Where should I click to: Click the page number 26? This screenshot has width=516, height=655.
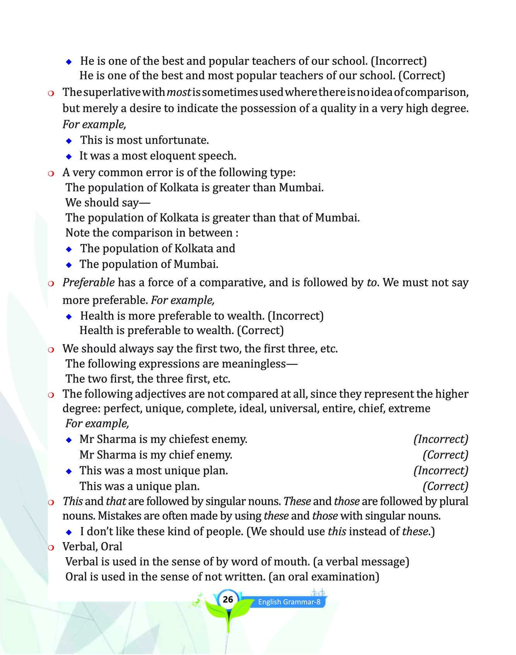click(x=228, y=599)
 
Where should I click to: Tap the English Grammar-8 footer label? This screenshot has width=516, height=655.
click(x=289, y=602)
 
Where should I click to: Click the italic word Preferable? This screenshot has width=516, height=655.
click(x=89, y=282)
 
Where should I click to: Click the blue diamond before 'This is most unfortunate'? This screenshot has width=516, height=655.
click(x=69, y=141)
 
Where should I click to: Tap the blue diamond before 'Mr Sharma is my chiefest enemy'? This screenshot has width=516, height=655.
click(x=69, y=440)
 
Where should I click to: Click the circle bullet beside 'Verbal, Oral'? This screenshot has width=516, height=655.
click(x=51, y=547)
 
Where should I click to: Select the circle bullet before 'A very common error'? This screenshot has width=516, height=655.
click(x=51, y=173)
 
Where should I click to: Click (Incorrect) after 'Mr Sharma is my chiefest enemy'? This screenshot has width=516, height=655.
click(x=441, y=439)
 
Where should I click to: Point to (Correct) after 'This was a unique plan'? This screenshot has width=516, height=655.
click(x=445, y=486)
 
